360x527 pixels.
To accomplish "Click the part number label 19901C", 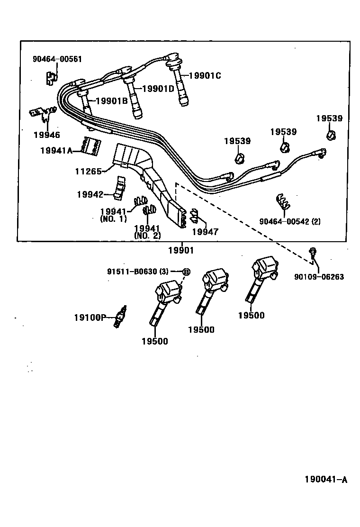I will [205, 75].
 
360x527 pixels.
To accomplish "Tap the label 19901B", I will [112, 100].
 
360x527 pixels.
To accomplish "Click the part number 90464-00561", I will [57, 59].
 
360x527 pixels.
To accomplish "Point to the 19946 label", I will [46, 135].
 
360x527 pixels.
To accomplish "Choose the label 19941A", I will [55, 150].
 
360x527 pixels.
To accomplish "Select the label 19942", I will [90, 194].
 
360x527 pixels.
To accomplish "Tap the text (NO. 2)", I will [147, 236].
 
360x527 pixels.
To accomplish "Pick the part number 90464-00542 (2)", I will [289, 221].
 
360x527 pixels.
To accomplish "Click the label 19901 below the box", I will [181, 250].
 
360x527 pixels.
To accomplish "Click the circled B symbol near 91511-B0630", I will [186, 272].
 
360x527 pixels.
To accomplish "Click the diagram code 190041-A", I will [325, 480].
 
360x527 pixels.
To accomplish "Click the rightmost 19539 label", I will [329, 118].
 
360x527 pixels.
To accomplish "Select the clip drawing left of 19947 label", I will [194, 216].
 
